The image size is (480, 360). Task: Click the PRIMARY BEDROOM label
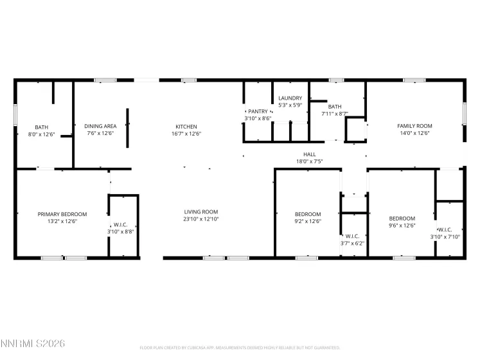click(x=62, y=214)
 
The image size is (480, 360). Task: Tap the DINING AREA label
click(x=100, y=126)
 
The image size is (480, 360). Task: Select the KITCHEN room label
click(x=186, y=126)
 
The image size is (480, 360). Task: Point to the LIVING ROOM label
click(x=201, y=212)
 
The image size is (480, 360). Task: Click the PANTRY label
click(x=258, y=111)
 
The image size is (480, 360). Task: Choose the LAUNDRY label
click(x=290, y=98)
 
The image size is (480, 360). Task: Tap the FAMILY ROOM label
click(x=414, y=126)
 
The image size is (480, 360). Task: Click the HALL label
click(x=310, y=154)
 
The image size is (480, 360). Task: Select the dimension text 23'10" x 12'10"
click(x=201, y=219)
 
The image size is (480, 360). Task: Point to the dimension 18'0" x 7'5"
click(x=310, y=162)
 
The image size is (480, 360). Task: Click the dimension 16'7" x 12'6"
click(x=186, y=134)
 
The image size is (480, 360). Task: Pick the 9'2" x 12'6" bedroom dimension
click(x=308, y=221)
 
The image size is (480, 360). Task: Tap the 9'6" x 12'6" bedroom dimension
click(x=402, y=226)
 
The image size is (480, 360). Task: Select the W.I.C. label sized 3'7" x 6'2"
click(x=352, y=236)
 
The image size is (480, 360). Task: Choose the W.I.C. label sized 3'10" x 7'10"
click(x=445, y=230)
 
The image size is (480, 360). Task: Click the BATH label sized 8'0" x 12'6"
click(x=42, y=127)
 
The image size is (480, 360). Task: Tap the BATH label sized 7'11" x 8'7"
click(x=335, y=107)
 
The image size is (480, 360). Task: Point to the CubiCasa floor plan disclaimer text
click(x=240, y=347)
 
